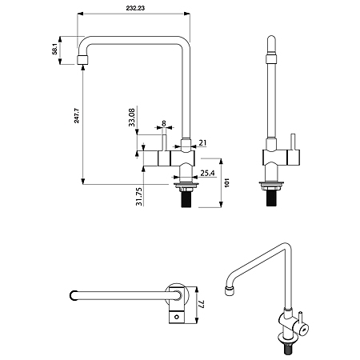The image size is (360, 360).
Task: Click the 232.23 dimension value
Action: tap(135, 8)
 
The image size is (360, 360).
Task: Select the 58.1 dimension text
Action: tap(54, 50)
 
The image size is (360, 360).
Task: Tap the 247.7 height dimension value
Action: tap(77, 115)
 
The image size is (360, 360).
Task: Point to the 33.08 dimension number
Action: tap(132, 117)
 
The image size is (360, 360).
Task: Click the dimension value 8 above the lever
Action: tap(164, 123)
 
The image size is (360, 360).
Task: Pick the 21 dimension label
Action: tap(202, 142)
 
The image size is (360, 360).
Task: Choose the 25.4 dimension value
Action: tap(207, 173)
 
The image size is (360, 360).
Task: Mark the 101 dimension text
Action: tap(227, 182)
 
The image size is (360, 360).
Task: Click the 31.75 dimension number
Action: tap(139, 197)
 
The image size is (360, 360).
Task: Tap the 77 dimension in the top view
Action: tap(202, 305)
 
